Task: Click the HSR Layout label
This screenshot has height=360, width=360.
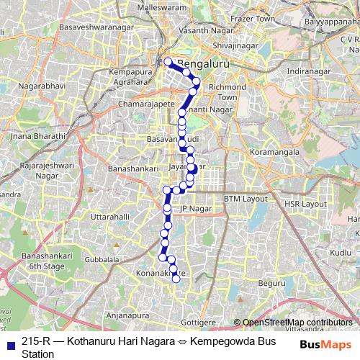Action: tap(305, 204)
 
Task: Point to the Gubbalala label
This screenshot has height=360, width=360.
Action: tap(102, 258)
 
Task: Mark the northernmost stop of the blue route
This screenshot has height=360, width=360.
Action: tap(167, 62)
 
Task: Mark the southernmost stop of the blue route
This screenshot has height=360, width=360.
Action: tap(176, 279)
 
